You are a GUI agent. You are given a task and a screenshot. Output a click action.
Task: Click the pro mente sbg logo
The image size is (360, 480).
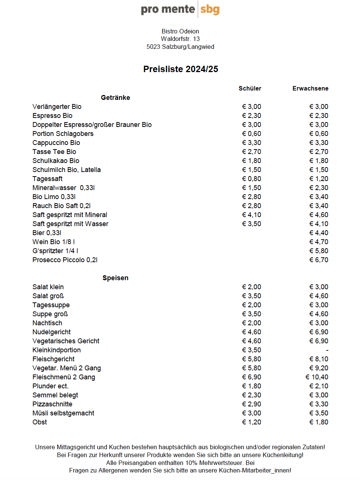click(x=180, y=9)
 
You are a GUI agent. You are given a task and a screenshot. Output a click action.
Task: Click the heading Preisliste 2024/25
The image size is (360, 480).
click(x=180, y=69)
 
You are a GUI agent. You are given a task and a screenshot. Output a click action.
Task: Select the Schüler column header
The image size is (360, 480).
click(x=250, y=89)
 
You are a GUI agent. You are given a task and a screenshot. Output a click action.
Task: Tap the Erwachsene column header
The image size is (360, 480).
click(x=310, y=89)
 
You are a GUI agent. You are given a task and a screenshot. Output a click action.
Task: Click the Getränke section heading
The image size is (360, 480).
click(x=115, y=98)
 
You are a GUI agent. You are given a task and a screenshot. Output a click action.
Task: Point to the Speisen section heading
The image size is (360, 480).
click(x=115, y=278)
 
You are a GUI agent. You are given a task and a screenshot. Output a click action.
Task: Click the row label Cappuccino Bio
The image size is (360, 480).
click(x=56, y=143)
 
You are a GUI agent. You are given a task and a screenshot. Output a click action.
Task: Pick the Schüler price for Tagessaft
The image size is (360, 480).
click(x=251, y=179)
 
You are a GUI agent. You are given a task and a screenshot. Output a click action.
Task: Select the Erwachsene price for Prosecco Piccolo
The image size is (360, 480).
click(x=319, y=260)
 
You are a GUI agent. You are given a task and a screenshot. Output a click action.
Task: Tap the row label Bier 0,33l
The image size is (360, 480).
click(x=47, y=233)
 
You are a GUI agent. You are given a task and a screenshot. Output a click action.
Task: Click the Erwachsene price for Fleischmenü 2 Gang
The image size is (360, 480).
click(x=317, y=377)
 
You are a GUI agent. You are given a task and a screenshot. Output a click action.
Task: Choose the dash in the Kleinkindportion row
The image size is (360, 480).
click(x=327, y=350)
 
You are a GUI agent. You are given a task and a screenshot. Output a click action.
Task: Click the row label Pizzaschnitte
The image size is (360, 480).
click(x=52, y=404)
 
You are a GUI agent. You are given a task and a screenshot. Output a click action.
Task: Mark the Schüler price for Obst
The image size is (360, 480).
click(x=251, y=422)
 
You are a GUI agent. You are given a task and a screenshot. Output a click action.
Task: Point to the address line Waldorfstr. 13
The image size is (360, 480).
click(x=180, y=39)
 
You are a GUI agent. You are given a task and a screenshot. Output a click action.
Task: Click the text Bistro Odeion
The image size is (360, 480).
click(x=180, y=31)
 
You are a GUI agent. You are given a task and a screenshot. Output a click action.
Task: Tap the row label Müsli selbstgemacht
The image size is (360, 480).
click(x=63, y=413)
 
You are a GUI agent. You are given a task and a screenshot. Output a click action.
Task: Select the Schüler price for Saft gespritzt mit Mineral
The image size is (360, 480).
click(x=251, y=215)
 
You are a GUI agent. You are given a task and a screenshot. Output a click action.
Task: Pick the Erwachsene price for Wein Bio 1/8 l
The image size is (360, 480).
click(x=319, y=242)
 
